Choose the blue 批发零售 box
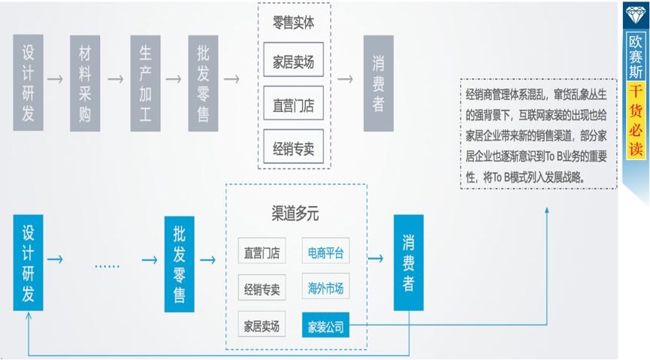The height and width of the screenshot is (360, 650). click(180, 263)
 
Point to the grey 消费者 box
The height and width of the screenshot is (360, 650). click(377, 83)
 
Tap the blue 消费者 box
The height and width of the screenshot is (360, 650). click(408, 263)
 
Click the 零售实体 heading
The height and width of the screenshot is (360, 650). click(293, 23)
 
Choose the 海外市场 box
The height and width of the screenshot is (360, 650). click(325, 289)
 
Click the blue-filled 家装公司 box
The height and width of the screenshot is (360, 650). click(325, 326)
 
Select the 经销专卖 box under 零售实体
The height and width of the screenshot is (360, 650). click(293, 147)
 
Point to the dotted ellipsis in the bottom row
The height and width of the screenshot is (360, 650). click(107, 265)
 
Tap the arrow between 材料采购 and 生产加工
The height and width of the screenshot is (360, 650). click(114, 78)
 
